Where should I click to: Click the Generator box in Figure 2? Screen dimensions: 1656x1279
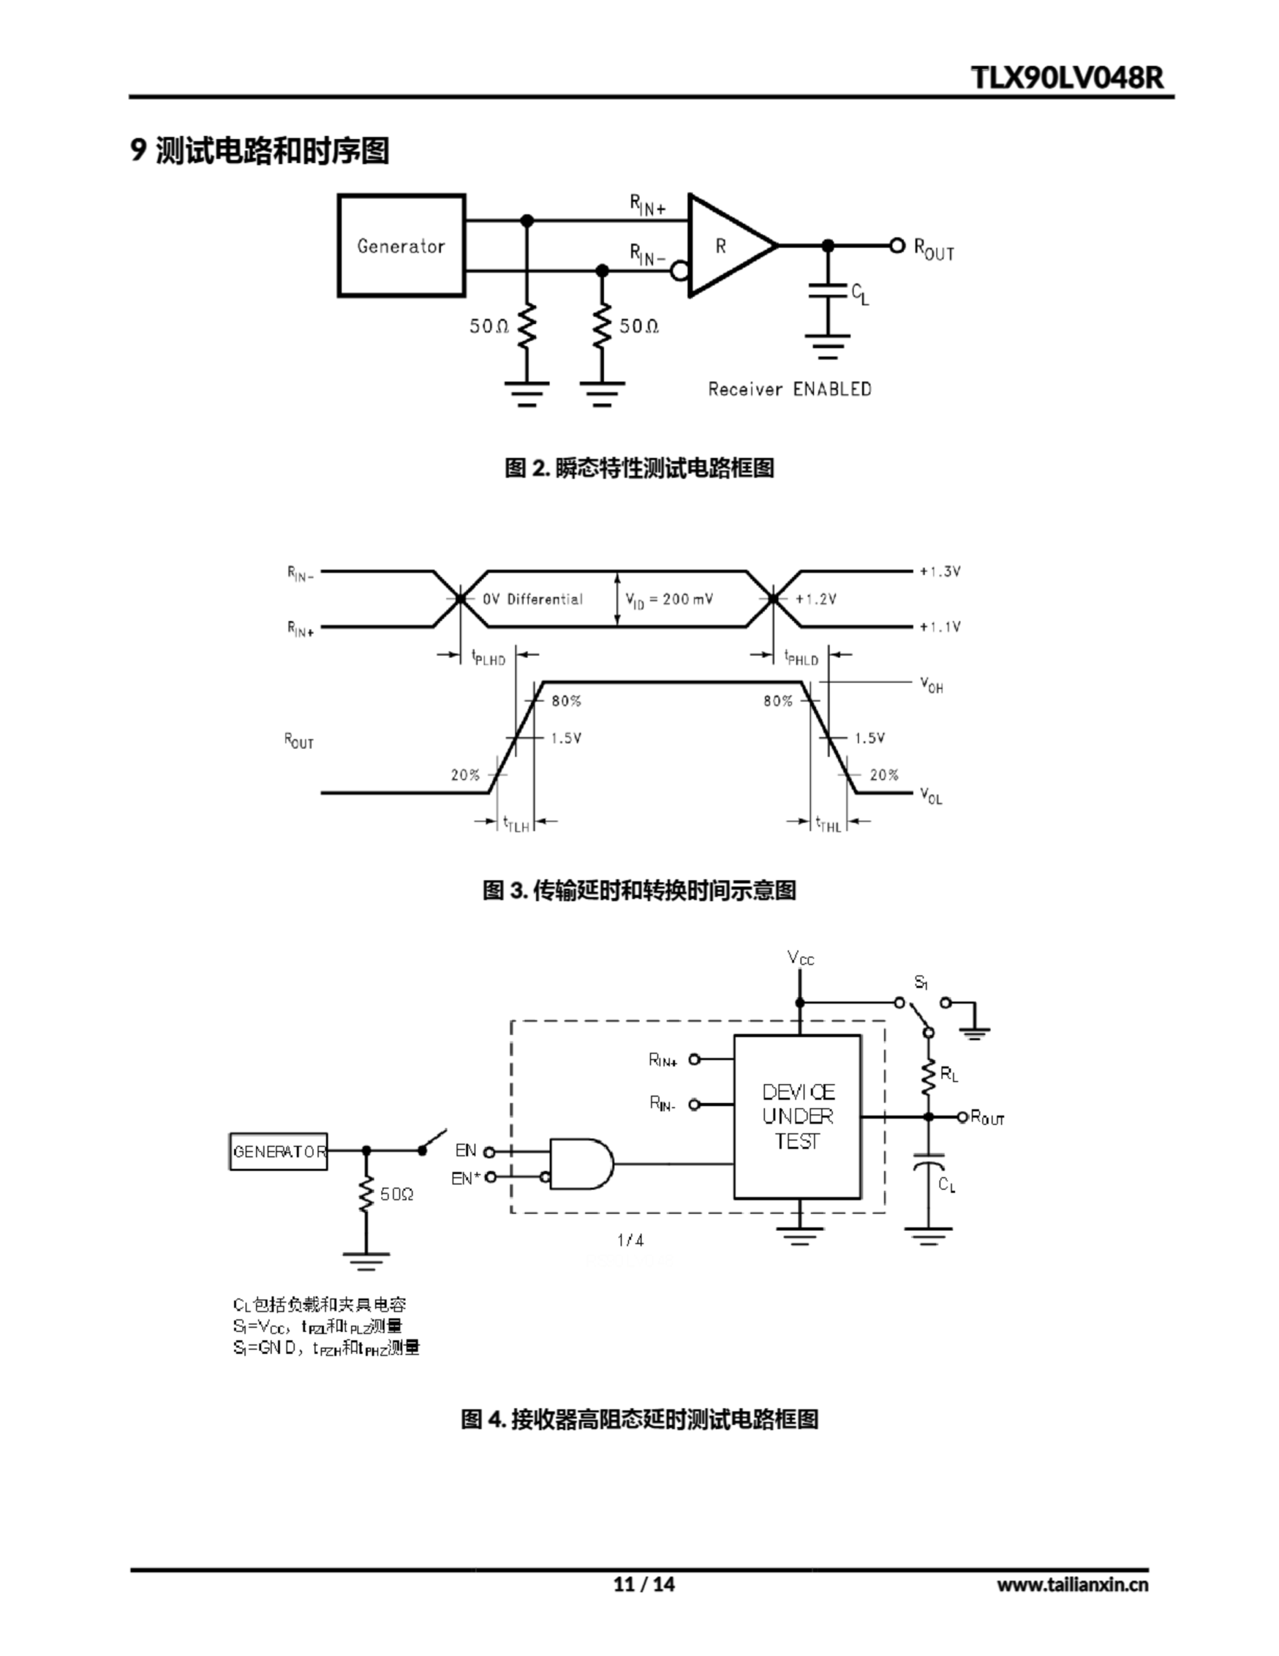coord(400,245)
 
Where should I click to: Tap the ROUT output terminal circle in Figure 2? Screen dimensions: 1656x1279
coord(897,245)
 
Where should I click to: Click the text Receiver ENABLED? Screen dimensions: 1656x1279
coord(790,389)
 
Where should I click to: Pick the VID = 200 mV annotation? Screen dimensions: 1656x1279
coord(669,599)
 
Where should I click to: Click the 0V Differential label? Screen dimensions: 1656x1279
coord(532,599)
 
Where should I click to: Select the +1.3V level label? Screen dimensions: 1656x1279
coord(940,571)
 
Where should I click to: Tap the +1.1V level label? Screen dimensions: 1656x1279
coord(940,627)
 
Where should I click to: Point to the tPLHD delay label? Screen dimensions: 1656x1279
coord(488,657)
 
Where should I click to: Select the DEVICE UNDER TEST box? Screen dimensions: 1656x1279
coord(797,1116)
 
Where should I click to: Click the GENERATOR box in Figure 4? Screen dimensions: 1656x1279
coord(278,1151)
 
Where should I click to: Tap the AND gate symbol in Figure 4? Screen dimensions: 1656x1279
coord(580,1163)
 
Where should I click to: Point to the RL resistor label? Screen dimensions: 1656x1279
coord(949,1074)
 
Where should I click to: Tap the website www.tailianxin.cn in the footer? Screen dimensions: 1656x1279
coord(1072,1584)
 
